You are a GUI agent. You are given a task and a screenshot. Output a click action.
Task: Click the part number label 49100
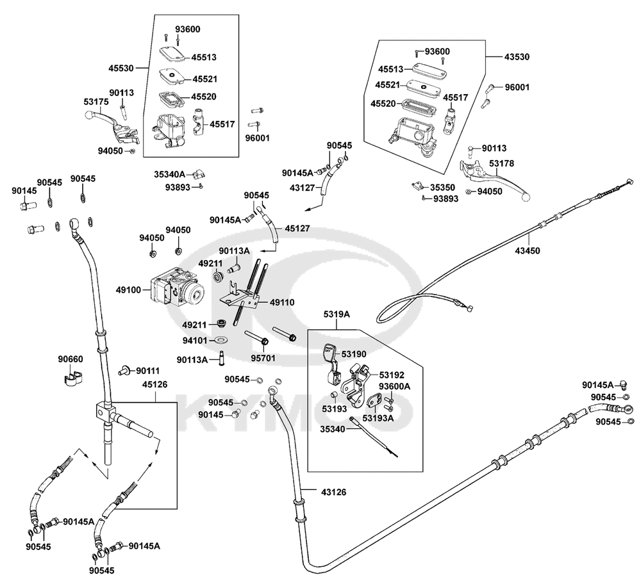[128, 290]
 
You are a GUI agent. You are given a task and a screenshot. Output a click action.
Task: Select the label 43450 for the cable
[528, 251]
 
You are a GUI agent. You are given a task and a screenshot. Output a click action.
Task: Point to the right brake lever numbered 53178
[495, 178]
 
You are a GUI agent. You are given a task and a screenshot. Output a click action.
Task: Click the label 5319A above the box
[337, 314]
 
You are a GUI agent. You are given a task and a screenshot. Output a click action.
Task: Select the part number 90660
[71, 359]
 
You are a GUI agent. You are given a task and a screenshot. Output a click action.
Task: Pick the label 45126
[155, 385]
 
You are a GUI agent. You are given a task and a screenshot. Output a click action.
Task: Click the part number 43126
[333, 492]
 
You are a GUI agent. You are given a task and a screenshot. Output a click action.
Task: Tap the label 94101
[195, 340]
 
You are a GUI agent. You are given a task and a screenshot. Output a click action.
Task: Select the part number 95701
[263, 359]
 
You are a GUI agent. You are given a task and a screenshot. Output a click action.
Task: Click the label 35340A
[170, 174]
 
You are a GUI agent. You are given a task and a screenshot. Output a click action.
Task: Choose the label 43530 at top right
[517, 57]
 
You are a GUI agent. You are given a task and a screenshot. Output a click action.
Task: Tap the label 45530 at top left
[121, 69]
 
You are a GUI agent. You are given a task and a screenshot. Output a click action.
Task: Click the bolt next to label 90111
[124, 370]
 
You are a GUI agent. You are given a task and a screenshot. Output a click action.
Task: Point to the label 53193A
[378, 418]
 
